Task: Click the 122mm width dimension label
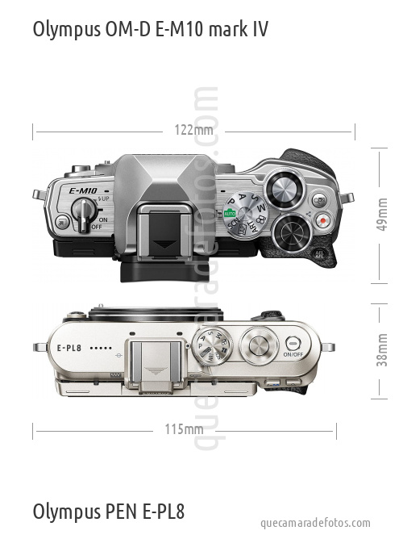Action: pos(193,130)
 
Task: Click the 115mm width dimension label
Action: pos(184,429)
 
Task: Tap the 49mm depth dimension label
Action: pos(382,214)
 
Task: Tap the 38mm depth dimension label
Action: pos(382,349)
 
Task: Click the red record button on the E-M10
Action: pos(323,219)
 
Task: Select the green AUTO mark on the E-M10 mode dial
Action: pos(230,213)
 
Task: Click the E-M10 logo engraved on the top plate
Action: pos(83,191)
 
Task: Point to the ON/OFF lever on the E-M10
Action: pos(82,212)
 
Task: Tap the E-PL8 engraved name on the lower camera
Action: pos(70,348)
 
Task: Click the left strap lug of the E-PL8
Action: pos(39,347)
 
